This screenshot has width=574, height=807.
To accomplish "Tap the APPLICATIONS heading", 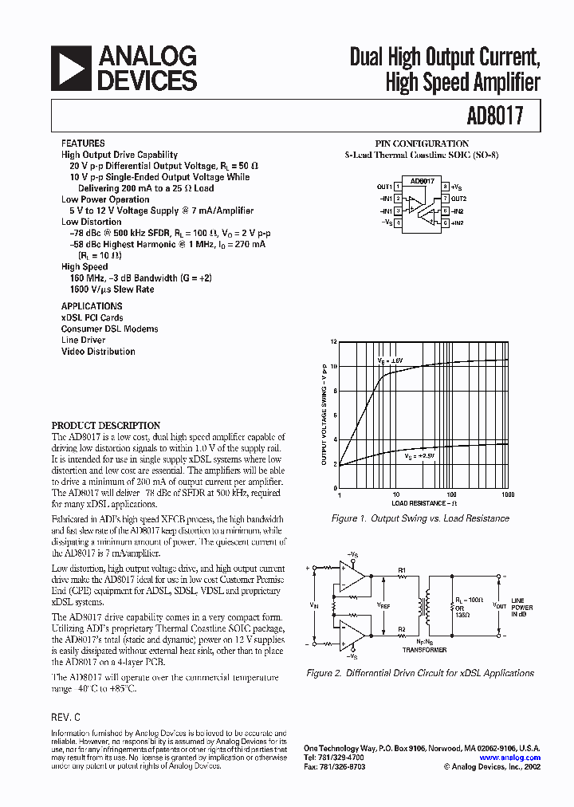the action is pyautogui.click(x=92, y=306).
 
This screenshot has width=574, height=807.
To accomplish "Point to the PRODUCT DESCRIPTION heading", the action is pyautogui.click(x=106, y=426).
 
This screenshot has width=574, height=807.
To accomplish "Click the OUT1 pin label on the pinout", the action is pyautogui.click(x=384, y=187).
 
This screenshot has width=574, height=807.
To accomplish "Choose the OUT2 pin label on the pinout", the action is pyautogui.click(x=458, y=198).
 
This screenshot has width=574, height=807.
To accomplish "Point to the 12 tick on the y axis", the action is pyautogui.click(x=334, y=341).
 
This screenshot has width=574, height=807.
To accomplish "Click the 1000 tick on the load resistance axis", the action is pyautogui.click(x=508, y=495).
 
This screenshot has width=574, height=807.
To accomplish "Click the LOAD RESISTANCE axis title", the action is pyautogui.click(x=424, y=504).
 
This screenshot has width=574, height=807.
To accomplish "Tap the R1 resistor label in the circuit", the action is pyautogui.click(x=402, y=569).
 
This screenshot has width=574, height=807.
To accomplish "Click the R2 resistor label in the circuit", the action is pyautogui.click(x=402, y=630).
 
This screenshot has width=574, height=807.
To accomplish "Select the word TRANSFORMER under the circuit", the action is pyautogui.click(x=424, y=650).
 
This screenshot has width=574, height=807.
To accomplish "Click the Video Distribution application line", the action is pyautogui.click(x=98, y=352).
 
